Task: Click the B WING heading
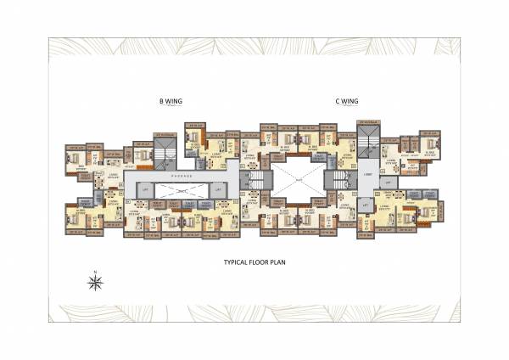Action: tap(171, 102)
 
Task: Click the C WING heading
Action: tap(347, 102)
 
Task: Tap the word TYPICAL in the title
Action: tap(237, 263)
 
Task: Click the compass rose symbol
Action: tap(96, 282)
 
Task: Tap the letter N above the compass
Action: tap(96, 271)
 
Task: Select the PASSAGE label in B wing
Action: tap(181, 175)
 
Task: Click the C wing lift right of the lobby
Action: tap(389, 182)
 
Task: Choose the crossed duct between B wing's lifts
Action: tap(181, 191)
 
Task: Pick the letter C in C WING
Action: tap(337, 102)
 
